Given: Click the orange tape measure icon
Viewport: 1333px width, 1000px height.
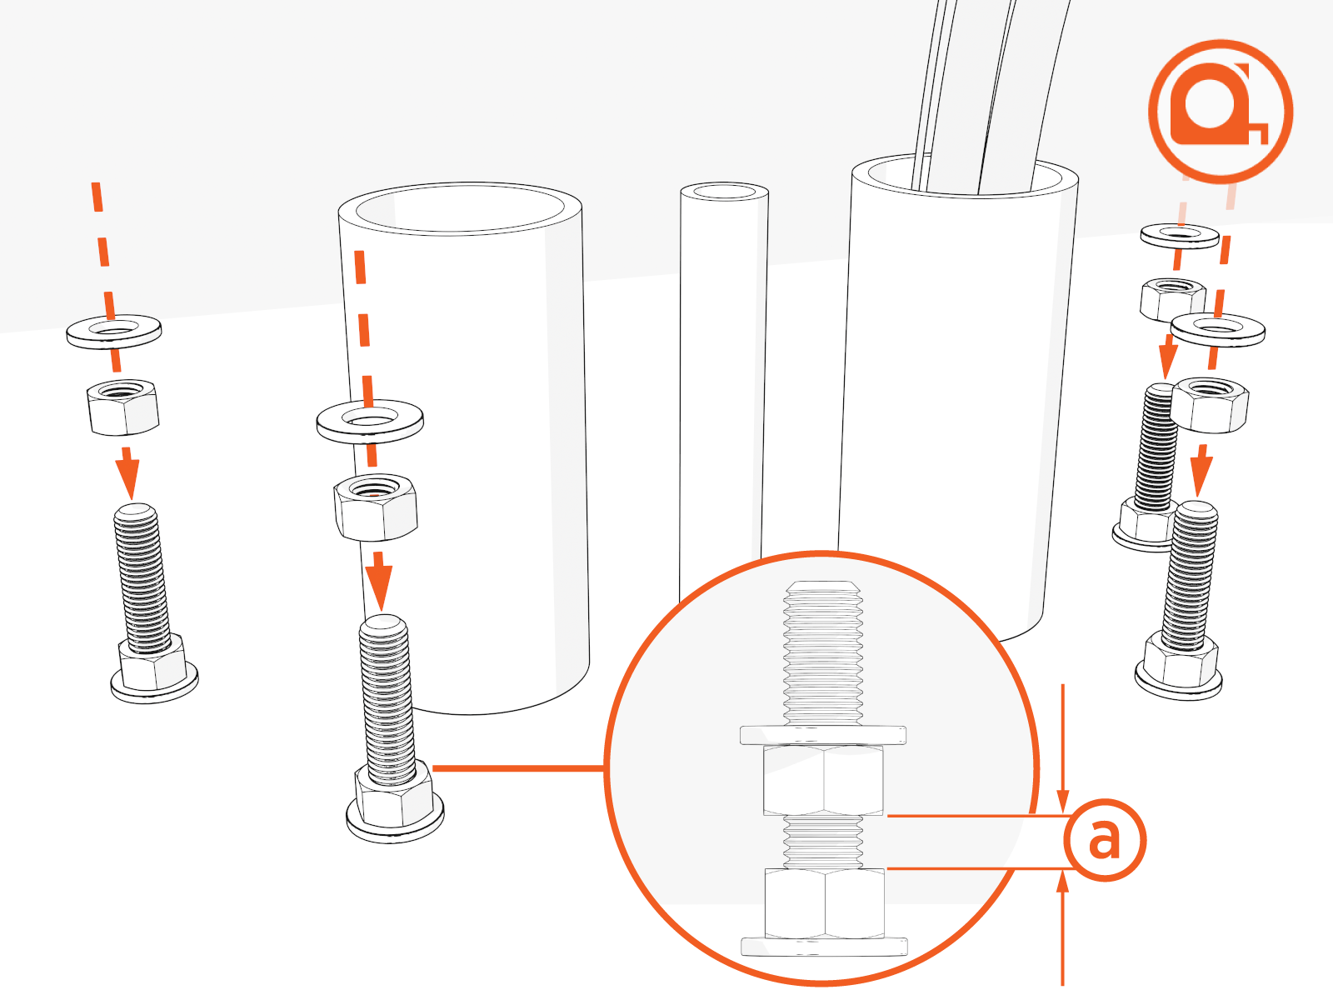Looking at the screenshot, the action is [1220, 112].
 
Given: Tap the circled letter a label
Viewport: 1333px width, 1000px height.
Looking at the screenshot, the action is [1104, 840].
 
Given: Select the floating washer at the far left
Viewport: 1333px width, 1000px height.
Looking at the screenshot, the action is [114, 332].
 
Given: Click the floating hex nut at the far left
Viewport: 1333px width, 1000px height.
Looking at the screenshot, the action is [123, 406].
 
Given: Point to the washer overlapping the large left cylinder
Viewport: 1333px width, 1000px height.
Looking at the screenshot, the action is [370, 422].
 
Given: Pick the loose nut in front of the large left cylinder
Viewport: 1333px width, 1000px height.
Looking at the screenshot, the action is [375, 507].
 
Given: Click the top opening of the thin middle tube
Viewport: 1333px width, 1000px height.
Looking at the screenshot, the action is [724, 192].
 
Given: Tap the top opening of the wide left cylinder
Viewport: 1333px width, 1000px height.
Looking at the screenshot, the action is [460, 208].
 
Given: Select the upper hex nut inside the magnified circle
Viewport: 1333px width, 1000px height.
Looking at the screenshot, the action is [823, 780].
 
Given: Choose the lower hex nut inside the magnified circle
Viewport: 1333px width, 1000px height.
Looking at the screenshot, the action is [824, 903].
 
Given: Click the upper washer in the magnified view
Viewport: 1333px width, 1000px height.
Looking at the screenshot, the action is [823, 735].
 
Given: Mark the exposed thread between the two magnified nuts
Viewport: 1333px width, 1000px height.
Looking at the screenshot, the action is [823, 842].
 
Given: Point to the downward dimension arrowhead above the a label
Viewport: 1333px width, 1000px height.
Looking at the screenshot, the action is [1062, 801].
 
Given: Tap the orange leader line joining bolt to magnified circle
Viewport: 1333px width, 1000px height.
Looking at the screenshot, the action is [518, 768].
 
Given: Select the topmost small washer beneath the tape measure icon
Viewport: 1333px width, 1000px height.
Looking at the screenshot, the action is [1180, 236].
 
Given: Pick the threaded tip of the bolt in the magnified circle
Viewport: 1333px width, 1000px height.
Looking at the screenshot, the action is [823, 589].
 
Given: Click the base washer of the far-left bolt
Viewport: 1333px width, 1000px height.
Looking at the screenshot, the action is [154, 686].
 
